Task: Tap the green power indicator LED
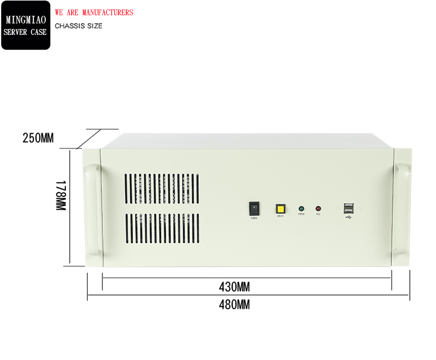[x=301, y=208]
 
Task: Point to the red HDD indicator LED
[x=318, y=208]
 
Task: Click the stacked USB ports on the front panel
[x=348, y=208]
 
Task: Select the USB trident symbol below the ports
[x=348, y=218]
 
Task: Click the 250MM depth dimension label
[x=38, y=138]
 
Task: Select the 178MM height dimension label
[x=60, y=197]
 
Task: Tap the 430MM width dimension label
[x=234, y=286]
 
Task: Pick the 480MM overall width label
[x=234, y=305]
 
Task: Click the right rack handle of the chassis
[x=402, y=209]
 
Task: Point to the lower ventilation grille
[x=162, y=228]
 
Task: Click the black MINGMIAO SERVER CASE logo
[x=26, y=26]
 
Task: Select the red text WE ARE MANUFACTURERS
[x=94, y=13]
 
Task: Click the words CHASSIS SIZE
[x=78, y=26]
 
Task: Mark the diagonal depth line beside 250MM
[x=90, y=139]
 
